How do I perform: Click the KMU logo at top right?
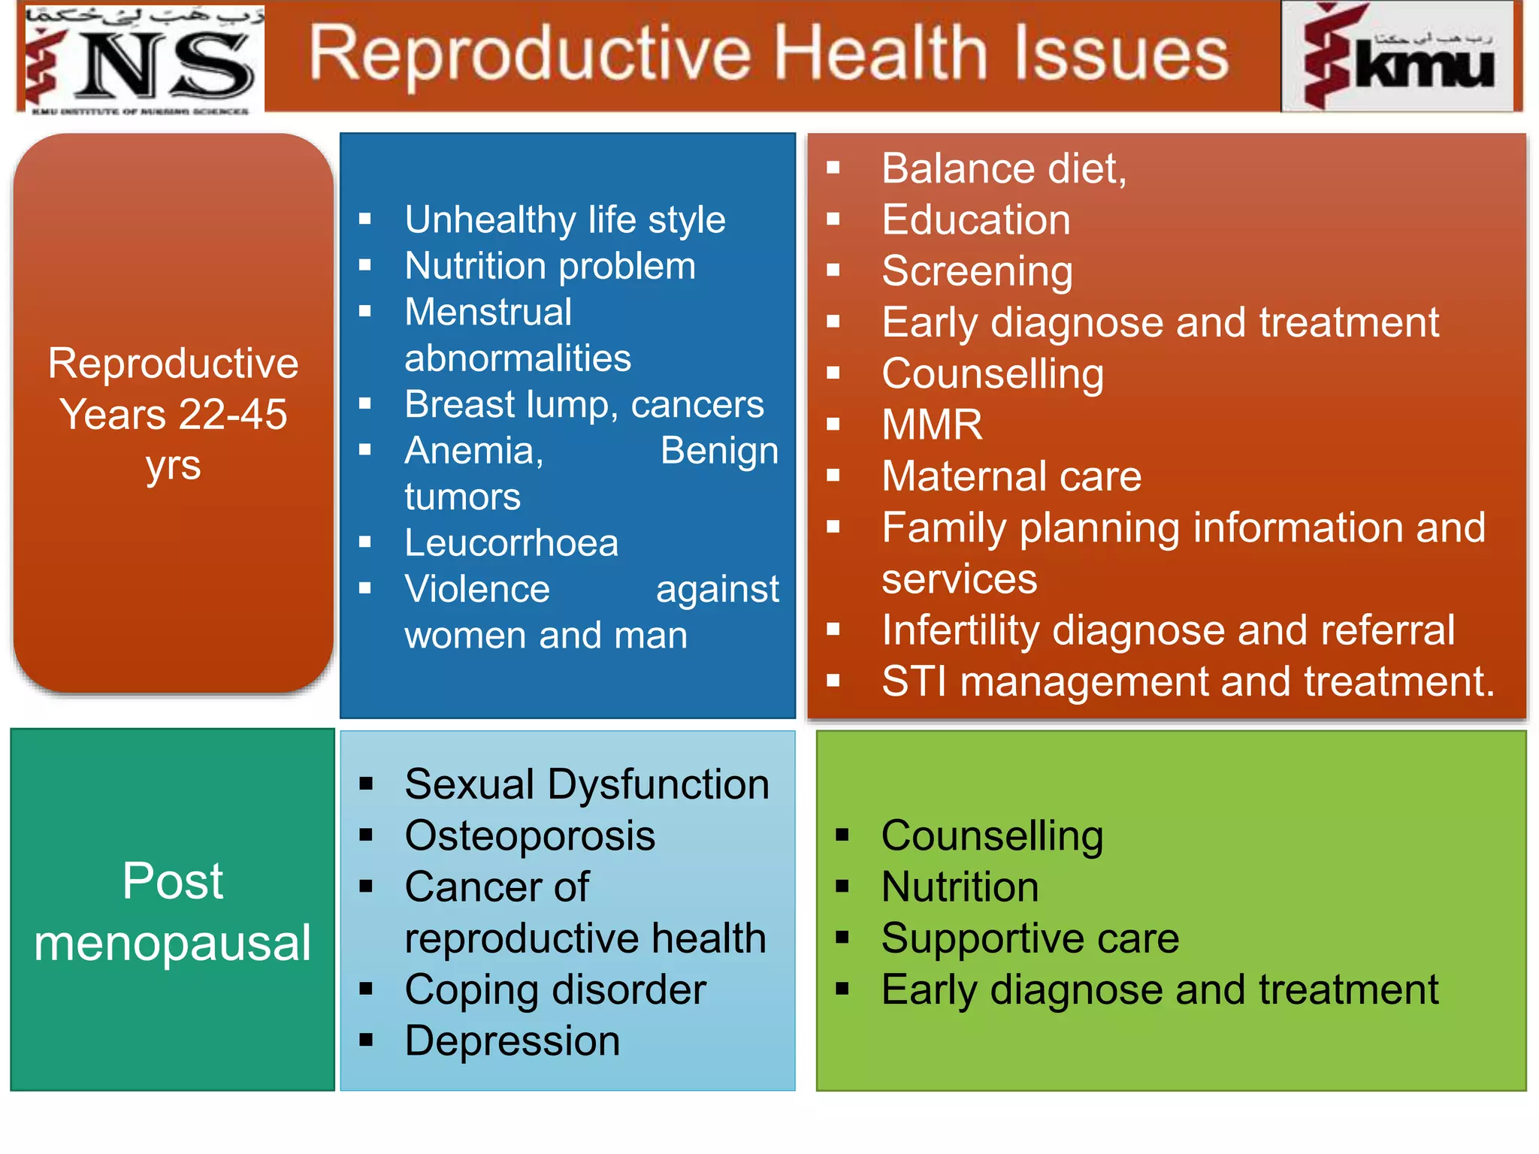1401,57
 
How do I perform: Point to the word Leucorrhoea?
511,543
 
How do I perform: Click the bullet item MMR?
932,425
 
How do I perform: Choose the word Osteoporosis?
530,836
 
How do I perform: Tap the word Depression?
512,1041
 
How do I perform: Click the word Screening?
977,271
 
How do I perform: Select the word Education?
975,220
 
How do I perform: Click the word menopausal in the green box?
172,944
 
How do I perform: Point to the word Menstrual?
488,313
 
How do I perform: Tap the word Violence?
477,589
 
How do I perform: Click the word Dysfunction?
658,785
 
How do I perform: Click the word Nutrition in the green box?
960,887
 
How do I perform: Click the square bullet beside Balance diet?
833,168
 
